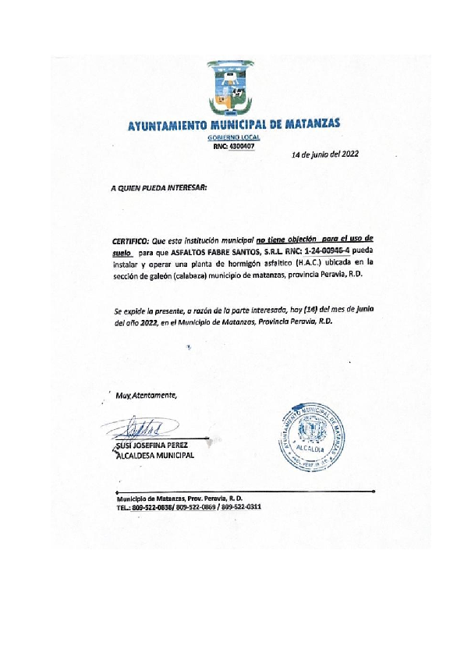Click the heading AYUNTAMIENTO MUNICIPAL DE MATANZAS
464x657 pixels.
[233, 125]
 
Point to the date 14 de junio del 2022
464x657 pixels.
[324, 154]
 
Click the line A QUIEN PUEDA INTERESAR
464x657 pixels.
[158, 188]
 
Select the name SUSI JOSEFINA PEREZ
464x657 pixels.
[151, 446]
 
